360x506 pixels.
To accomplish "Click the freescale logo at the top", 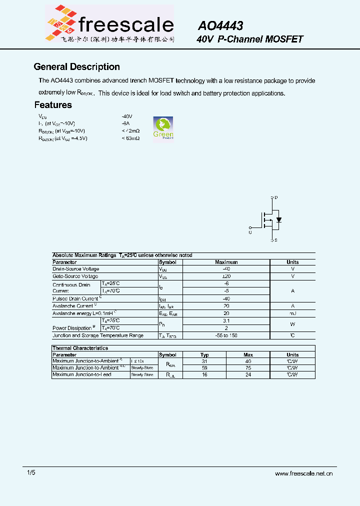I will click(109, 23).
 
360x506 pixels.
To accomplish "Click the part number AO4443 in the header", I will click(220, 26).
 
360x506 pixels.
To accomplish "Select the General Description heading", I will click(76, 67).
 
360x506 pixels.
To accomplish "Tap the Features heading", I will click(53, 105).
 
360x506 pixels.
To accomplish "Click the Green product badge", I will click(163, 128).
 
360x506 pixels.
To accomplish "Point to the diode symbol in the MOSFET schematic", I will click(279, 220).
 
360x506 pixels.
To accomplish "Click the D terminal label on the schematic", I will click(276, 198).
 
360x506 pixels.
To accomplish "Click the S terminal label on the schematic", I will click(276, 240).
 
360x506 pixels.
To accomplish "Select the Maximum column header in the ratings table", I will click(226, 262).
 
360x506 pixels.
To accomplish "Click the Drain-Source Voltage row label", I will click(75, 269).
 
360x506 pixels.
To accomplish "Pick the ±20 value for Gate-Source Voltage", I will click(226, 276).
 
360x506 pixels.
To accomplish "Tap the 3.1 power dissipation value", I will click(226, 320).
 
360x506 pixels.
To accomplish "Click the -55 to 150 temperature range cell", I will click(226, 335).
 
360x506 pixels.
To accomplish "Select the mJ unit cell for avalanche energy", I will click(292, 313).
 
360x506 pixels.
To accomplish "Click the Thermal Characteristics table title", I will click(80, 348).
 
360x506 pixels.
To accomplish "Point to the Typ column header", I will click(204, 354).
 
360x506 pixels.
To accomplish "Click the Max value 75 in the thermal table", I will click(248, 367).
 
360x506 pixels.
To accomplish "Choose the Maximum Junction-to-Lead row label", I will click(82, 374).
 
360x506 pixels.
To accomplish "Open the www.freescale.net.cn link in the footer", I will click(304, 473).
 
